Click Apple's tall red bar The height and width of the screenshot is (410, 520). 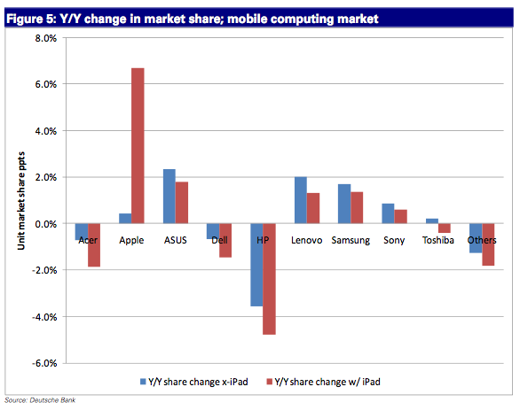[x=138, y=145]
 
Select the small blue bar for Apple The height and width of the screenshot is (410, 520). [x=125, y=219]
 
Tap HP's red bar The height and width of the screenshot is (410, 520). [x=269, y=279]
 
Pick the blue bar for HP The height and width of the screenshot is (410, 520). [x=256, y=265]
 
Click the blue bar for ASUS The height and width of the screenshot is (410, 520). [x=169, y=197]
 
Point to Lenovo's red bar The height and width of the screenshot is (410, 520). [x=313, y=208]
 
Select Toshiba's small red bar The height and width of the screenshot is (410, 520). [x=445, y=228]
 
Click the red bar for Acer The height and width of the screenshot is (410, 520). [x=94, y=245]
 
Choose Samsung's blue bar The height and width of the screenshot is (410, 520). [x=344, y=204]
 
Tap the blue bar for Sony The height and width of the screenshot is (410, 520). [x=388, y=213]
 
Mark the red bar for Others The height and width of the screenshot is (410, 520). [x=488, y=244]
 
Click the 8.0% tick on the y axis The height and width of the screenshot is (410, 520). [x=46, y=38]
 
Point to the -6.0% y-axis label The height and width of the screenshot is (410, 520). [x=44, y=363]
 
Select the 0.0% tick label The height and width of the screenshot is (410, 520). [x=46, y=224]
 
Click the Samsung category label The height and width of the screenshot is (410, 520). [x=351, y=241]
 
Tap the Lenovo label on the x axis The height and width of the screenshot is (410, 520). [x=307, y=240]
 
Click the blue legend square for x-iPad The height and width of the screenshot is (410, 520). [x=143, y=382]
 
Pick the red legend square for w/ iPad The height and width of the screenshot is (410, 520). [x=269, y=382]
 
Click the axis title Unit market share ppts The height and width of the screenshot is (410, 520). [x=21, y=200]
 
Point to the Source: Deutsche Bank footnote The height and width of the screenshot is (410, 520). [x=40, y=400]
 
